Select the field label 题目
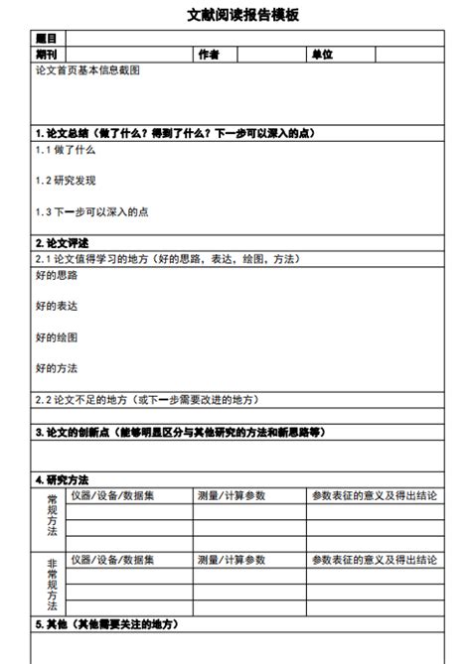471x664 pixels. [46, 39]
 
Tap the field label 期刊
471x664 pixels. [46, 54]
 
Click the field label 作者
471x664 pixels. [208, 54]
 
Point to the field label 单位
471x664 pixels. [321, 54]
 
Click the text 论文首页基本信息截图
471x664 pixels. [87, 70]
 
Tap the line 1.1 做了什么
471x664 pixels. [65, 150]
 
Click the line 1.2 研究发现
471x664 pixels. [66, 181]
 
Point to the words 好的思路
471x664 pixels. [56, 275]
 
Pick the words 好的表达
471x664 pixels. [56, 307]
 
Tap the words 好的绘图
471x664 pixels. [56, 337]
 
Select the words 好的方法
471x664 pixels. [56, 368]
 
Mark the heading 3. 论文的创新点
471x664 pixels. [179, 433]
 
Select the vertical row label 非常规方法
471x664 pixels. [52, 584]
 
